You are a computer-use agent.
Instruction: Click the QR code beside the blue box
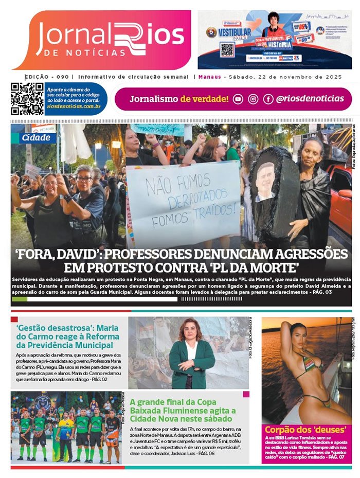(x=27, y=99)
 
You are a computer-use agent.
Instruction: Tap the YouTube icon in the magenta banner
(x=238, y=99)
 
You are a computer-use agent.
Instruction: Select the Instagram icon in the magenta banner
(x=253, y=99)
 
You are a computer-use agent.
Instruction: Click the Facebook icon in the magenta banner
(x=268, y=99)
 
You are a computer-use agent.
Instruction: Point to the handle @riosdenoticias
(x=310, y=99)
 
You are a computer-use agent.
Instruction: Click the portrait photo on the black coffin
(x=265, y=181)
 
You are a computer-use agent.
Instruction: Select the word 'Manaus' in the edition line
(x=209, y=77)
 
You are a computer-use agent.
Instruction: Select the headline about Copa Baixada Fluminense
(x=183, y=411)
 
